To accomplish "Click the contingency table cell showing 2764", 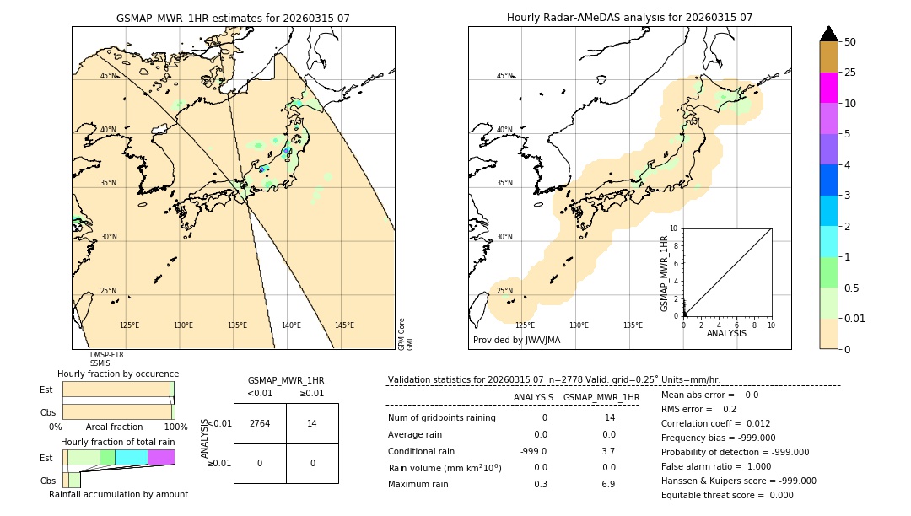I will point(260,423).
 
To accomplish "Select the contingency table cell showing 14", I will point(312,423).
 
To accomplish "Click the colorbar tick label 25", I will point(850,73).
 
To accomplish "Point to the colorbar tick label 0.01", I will point(855,318).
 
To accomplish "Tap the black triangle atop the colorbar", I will point(829,34).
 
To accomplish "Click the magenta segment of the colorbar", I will point(829,88).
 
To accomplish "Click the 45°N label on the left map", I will point(109,76).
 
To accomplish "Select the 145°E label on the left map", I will point(344,325).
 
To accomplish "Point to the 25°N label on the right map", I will point(504,291).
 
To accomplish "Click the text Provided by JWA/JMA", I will point(516,340).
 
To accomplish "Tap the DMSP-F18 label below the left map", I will point(106,355).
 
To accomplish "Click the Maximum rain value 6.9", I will point(608,484).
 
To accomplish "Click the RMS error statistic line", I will point(698,409).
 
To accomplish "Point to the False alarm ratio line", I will point(716,466).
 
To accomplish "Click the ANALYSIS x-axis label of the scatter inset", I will point(727,333).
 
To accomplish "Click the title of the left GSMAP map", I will point(233,18).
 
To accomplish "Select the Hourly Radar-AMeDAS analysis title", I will point(629,18).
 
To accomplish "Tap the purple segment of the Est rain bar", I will point(161,457).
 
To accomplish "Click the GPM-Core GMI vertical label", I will point(406,334).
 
